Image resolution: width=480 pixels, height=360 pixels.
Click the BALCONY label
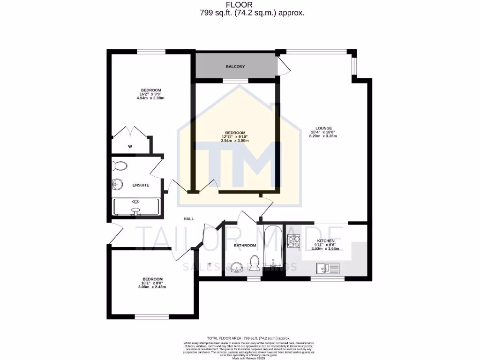235,67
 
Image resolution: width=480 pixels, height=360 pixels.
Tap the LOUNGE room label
323,128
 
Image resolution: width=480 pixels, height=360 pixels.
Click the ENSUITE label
140,185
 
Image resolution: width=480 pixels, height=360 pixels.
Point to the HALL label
188,219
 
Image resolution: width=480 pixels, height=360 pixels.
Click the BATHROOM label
245,245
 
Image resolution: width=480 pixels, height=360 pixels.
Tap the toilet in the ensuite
120,166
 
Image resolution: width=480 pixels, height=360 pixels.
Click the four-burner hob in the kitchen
294,241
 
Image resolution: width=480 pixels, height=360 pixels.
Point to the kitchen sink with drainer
327,269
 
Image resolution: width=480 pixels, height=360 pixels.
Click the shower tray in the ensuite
136,208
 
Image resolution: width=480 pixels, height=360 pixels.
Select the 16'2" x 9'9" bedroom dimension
151,94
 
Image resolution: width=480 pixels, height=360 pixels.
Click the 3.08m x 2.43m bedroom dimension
152,287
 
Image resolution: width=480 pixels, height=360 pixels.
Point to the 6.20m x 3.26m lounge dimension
323,136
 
